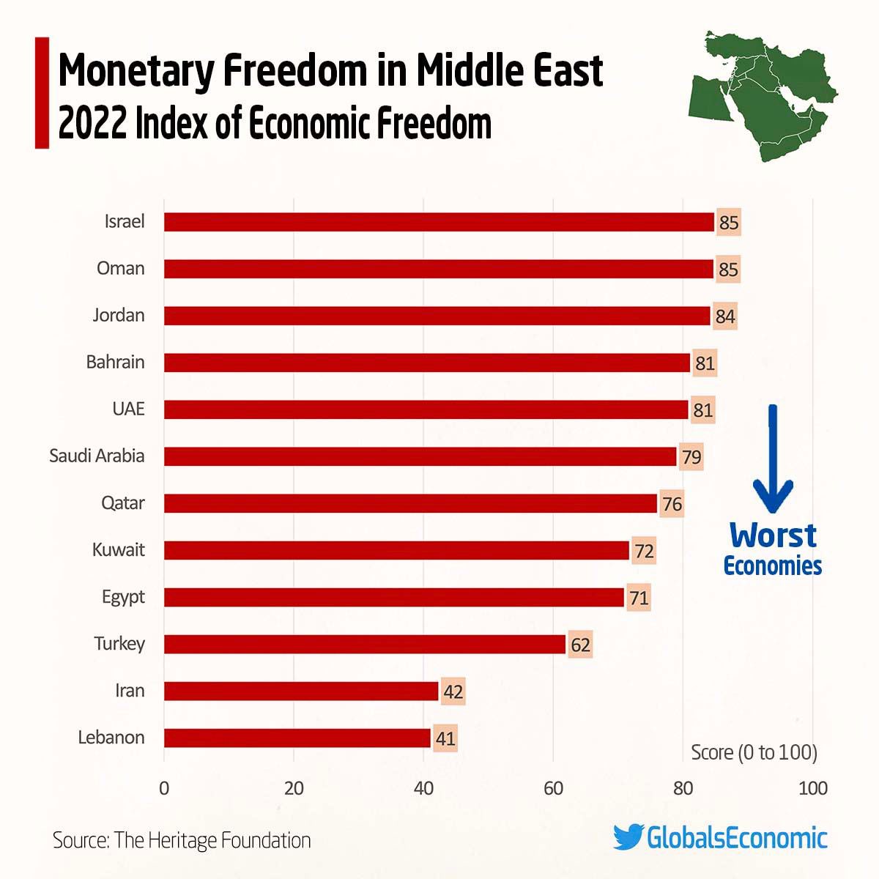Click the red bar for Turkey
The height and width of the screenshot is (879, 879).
click(364, 644)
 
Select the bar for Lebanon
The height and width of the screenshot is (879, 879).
click(297, 738)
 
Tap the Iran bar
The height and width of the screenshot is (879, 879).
click(300, 691)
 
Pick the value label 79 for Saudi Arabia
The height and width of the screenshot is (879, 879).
click(691, 457)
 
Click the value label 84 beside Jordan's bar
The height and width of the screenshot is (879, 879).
click(724, 316)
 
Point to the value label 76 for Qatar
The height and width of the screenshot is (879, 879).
click(672, 504)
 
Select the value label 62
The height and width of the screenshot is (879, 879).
click(580, 645)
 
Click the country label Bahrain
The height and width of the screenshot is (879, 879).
click(115, 362)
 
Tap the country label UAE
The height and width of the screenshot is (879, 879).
click(128, 409)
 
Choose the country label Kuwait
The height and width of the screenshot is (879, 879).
click(118, 549)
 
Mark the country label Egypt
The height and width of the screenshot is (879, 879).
click(123, 597)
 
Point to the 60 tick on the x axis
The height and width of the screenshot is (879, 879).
click(553, 788)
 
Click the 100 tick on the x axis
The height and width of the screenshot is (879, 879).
click(812, 788)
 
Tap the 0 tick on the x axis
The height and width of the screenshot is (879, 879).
click(163, 788)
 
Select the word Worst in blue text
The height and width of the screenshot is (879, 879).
click(772, 535)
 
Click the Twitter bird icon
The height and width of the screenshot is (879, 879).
click(628, 837)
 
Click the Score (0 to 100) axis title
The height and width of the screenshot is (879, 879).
click(754, 752)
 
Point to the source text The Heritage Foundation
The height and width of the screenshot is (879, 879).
click(212, 839)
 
